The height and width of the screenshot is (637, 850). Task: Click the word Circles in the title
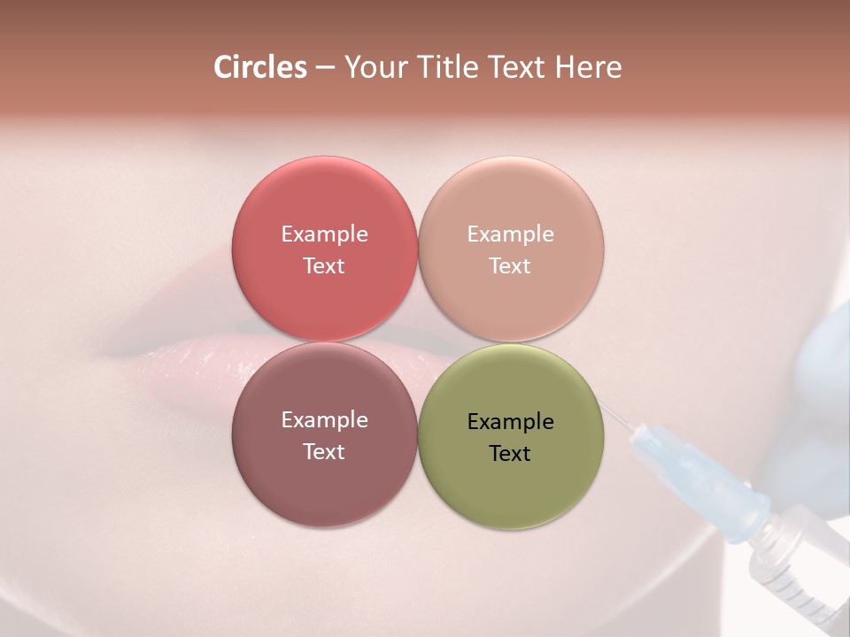259,67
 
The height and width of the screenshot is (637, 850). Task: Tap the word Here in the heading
589,67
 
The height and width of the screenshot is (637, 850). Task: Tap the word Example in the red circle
324,234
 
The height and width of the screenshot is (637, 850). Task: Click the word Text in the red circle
324,265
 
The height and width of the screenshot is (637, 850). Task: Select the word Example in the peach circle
510,234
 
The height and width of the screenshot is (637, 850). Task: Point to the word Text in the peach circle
510,265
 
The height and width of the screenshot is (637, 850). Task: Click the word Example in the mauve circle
324,419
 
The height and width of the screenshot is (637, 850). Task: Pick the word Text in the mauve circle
324,451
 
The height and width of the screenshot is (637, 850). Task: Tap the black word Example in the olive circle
510,421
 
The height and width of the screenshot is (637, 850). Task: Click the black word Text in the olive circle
510,453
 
